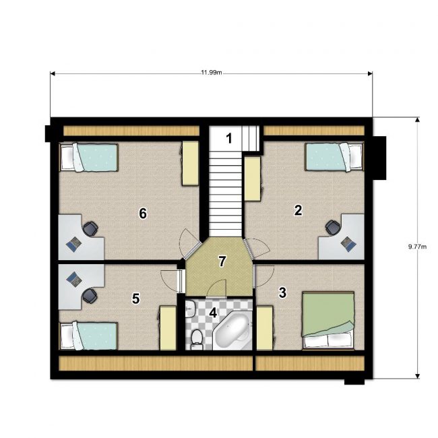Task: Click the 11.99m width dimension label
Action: [212, 73]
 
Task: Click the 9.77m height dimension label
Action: [417, 247]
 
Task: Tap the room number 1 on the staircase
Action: [229, 138]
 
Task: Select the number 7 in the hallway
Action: [222, 261]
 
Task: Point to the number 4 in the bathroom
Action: [213, 313]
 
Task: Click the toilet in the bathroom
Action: [197, 339]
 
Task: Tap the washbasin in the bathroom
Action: [190, 309]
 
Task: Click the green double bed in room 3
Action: [328, 320]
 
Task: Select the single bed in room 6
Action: [88, 157]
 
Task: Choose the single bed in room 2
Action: [335, 157]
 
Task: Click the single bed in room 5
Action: [88, 336]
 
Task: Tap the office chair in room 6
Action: [90, 229]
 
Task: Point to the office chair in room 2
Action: [333, 227]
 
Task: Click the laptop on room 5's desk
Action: [74, 279]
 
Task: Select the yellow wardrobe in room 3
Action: [265, 328]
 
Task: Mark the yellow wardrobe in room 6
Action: [191, 163]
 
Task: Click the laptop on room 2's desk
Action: [348, 243]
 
